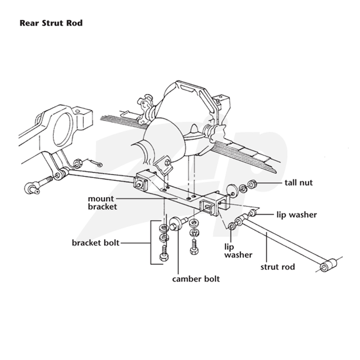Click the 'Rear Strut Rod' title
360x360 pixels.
[51, 23]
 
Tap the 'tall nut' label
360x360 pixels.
[298, 183]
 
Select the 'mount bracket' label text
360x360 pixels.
[103, 202]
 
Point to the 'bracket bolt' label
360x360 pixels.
[95, 243]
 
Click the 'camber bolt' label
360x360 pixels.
[196, 279]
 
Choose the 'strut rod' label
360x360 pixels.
[278, 267]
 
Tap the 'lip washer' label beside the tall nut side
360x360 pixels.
[297, 215]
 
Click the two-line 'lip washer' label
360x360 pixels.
[238, 251]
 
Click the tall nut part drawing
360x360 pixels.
[252, 184]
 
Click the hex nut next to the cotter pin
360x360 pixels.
[77, 163]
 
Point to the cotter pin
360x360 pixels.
[93, 162]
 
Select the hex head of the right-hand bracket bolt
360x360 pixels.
[194, 251]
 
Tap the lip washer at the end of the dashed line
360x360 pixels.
[232, 226]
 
